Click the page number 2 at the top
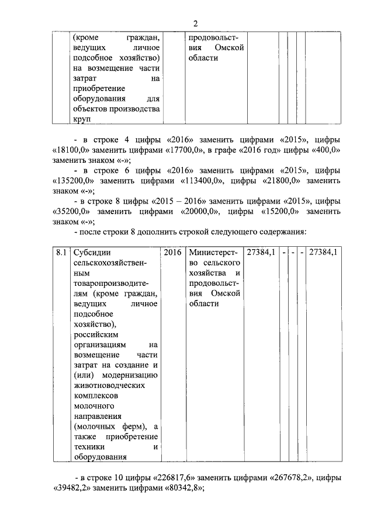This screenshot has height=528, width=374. click(x=195, y=23)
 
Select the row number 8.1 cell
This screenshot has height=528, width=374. click(x=59, y=253)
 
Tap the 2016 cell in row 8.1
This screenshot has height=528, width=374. click(x=172, y=253)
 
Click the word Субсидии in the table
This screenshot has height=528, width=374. click(x=90, y=253)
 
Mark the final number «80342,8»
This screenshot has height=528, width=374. click(x=181, y=488)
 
